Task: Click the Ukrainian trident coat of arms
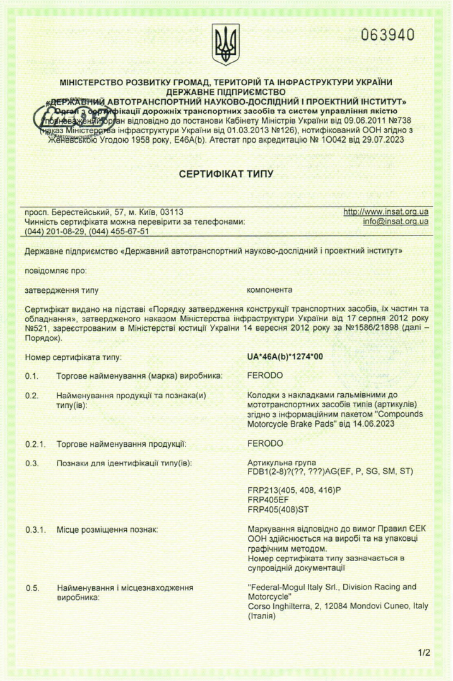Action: coord(226,45)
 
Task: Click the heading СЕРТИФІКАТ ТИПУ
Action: coord(226,174)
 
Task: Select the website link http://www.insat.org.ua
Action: coord(385,212)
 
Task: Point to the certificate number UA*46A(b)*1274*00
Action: coord(285,357)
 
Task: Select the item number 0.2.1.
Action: coord(35,444)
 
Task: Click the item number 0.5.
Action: coord(32,589)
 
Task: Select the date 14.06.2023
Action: coord(372,424)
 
